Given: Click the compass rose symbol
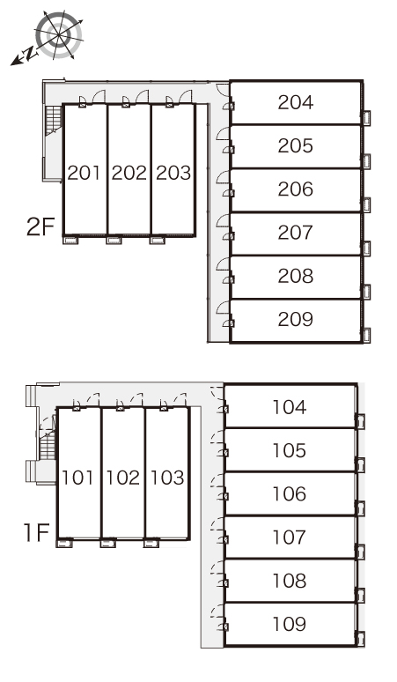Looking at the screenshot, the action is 59,34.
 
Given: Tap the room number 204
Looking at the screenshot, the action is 296,102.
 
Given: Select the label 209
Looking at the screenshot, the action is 296,319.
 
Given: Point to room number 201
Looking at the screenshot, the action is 85,173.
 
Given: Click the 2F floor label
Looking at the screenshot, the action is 40,226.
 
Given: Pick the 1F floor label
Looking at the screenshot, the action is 36,532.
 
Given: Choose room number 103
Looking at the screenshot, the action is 167,478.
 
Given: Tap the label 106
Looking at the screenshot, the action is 290,494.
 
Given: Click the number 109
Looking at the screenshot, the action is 290,624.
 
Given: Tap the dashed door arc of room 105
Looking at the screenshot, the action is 217,436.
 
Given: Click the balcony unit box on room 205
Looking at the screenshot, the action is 366,161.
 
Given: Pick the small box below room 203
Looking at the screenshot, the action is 158,240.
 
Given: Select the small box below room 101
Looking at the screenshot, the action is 64,543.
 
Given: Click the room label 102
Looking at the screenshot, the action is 123,478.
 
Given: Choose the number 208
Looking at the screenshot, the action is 296,276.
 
